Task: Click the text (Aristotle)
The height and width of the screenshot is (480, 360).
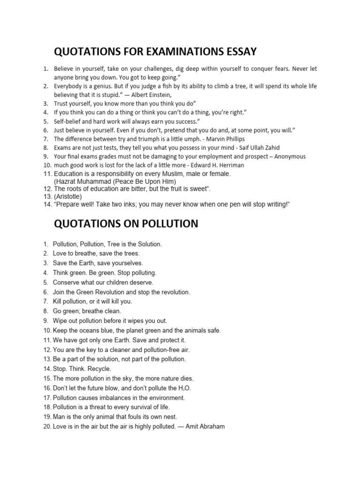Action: [x=68, y=196]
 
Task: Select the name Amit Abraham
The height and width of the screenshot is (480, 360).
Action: [x=207, y=427]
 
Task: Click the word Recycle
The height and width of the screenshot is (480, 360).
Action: [x=99, y=369]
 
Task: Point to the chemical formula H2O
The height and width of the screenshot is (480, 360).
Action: [x=184, y=388]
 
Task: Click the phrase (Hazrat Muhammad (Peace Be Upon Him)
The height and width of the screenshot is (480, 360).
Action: [x=115, y=181]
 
